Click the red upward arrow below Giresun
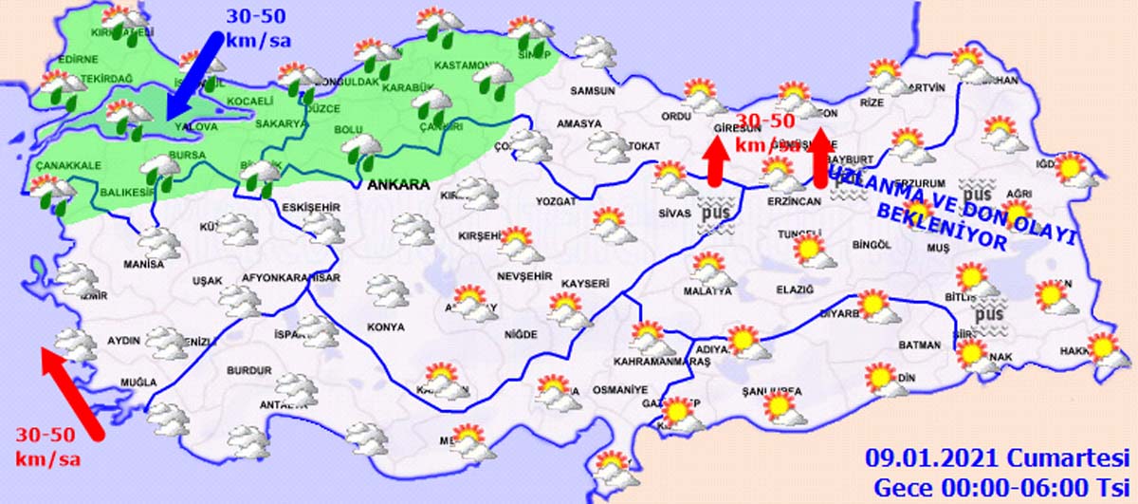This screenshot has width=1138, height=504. tap(717, 160)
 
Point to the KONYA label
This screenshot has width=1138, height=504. tap(385, 327)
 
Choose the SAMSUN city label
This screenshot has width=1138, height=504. tap(593, 91)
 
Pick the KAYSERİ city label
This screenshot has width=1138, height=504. tap(584, 283)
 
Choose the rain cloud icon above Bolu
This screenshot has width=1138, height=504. tap(361, 149)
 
